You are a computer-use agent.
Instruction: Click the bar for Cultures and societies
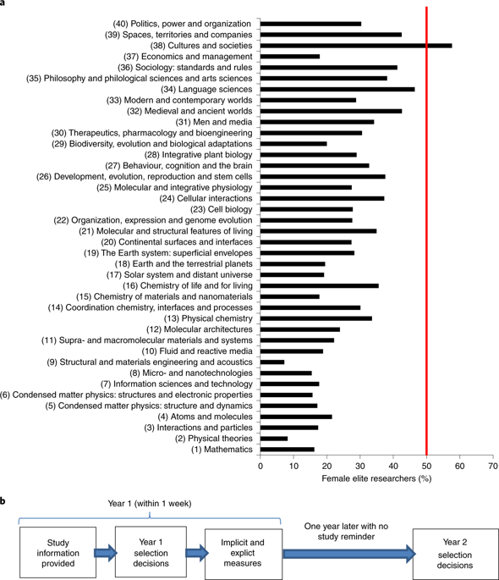(356, 46)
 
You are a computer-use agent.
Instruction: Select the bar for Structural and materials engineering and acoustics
(272, 362)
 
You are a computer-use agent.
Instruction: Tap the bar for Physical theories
(274, 439)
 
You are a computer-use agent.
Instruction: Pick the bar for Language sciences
(337, 89)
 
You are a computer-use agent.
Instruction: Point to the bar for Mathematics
(288, 450)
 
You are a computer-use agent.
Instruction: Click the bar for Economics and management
(290, 57)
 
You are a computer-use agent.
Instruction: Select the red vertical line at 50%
(426, 231)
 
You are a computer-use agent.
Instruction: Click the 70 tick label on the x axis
(493, 466)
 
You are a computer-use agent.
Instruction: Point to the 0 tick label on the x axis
(260, 466)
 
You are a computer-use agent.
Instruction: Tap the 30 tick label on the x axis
(360, 466)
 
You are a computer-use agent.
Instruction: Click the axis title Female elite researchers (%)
(376, 478)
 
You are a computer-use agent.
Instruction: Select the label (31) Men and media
(214, 122)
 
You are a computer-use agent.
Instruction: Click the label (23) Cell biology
(222, 209)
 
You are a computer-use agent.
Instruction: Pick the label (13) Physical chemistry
(208, 318)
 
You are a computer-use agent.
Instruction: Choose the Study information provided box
(58, 553)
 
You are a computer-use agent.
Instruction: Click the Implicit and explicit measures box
(244, 554)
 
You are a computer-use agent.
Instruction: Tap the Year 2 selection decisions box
(455, 554)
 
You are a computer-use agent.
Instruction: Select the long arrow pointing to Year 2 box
(349, 554)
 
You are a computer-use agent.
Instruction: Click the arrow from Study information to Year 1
(106, 553)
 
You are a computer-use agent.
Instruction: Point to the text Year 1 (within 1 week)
(150, 504)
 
